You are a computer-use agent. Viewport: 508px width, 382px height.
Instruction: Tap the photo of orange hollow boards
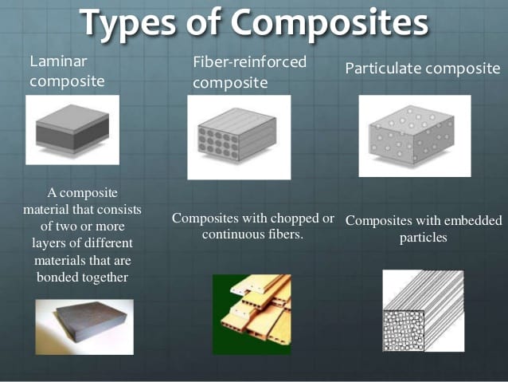(252, 314)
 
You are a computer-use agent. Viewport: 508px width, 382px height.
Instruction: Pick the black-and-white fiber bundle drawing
(423, 311)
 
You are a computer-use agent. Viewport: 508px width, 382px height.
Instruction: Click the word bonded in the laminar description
(59, 277)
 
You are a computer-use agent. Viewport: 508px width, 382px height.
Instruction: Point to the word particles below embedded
(424, 237)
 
